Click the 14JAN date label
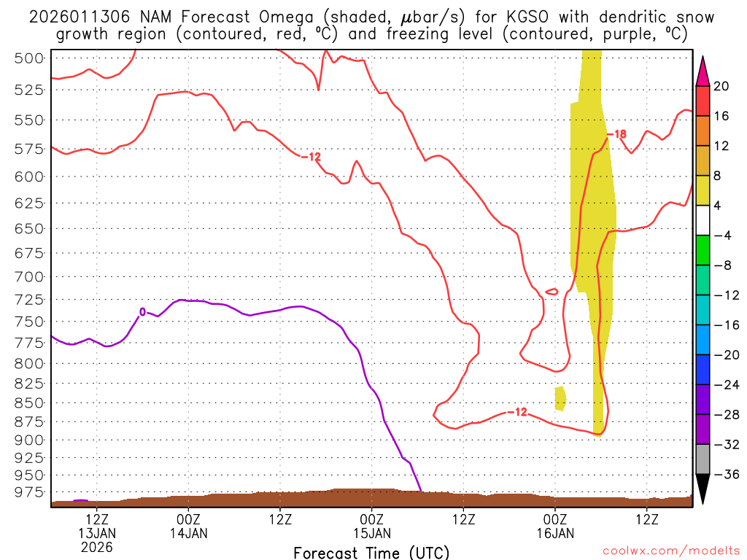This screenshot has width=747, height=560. [189, 533]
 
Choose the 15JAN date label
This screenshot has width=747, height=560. [372, 533]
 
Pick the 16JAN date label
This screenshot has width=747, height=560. [555, 533]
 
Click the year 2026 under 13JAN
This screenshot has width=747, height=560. [97, 546]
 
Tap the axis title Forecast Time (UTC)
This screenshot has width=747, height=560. [371, 552]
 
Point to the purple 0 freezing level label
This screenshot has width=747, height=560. [142, 312]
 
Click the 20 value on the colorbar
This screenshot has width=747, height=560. [721, 86]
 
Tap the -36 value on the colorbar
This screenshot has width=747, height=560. [721, 474]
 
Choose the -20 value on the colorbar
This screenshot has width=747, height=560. [721, 355]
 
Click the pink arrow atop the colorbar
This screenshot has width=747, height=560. [703, 71]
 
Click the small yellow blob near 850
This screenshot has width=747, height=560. [560, 398]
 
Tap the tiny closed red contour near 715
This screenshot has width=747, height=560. [552, 292]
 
